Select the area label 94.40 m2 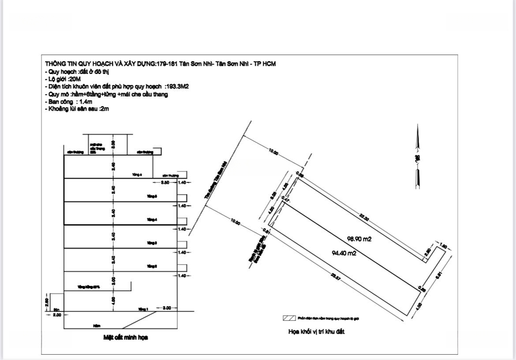[x=344, y=254]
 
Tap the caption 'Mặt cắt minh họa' [x=126, y=338]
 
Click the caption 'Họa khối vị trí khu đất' [x=316, y=332]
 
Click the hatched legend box [x=288, y=318]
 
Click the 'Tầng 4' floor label [x=152, y=220]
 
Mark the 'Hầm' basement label [x=97, y=326]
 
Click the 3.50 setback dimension [x=165, y=182]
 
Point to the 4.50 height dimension [x=113, y=300]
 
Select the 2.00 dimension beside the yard [x=57, y=315]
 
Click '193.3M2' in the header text [x=177, y=87]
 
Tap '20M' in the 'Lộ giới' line [x=75, y=79]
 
